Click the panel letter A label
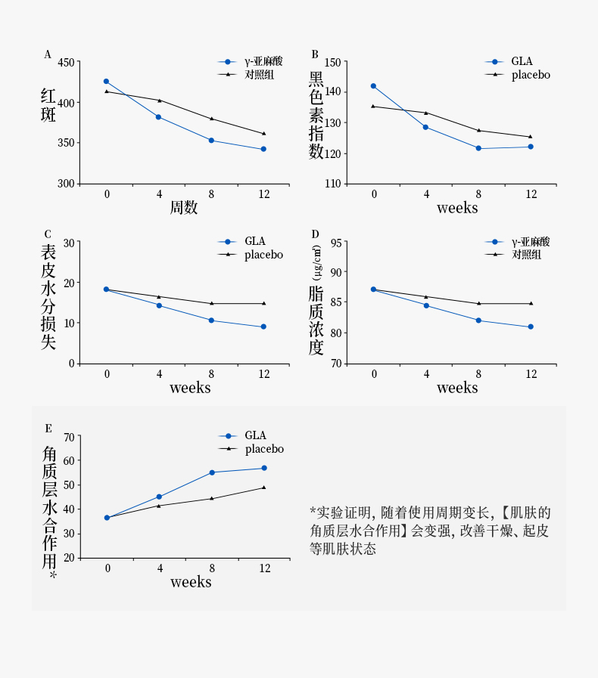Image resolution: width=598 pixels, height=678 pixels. (x=48, y=54)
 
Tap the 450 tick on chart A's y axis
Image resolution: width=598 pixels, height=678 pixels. (x=66, y=62)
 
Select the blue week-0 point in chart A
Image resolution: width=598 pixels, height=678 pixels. (x=106, y=82)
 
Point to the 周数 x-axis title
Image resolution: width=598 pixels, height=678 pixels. (x=184, y=208)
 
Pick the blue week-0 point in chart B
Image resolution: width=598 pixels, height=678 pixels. (x=373, y=86)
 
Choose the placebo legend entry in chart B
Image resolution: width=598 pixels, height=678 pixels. (x=531, y=75)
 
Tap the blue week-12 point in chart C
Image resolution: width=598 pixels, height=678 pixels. (x=263, y=327)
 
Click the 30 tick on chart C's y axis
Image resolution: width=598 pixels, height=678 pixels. (x=70, y=243)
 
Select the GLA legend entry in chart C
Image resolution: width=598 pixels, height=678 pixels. (x=254, y=241)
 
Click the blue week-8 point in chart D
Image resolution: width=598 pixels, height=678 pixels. (x=478, y=320)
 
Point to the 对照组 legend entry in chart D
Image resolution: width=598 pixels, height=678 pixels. (x=526, y=255)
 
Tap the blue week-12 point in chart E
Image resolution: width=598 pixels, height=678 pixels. (x=263, y=468)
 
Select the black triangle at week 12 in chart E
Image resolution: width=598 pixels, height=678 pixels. (x=263, y=488)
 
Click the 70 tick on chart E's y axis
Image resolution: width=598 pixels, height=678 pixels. (x=70, y=437)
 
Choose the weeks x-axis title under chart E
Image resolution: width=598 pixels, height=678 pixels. (x=191, y=582)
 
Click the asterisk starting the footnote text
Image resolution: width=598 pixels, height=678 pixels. (x=313, y=512)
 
